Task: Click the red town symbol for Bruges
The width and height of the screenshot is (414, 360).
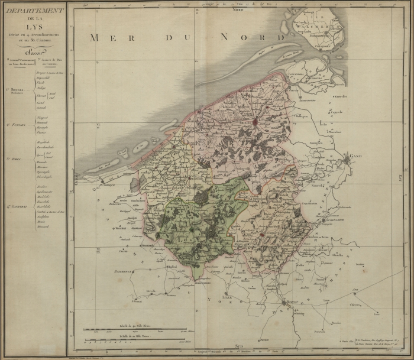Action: click(255, 122)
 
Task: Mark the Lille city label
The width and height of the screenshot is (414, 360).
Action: click(227, 297)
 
